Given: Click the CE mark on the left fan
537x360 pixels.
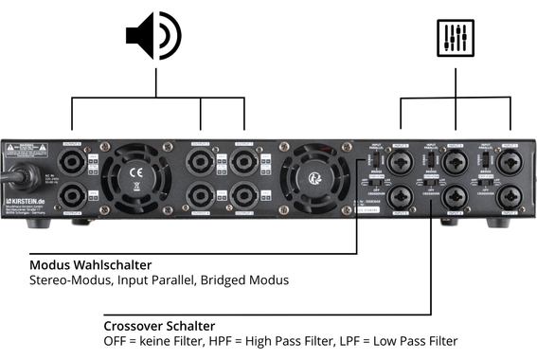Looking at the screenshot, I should coord(134,173).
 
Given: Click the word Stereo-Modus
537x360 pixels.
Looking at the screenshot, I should coord(67,280).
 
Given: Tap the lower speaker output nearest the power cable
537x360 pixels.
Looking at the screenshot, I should coord(74,196).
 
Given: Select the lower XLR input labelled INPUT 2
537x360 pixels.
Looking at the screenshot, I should coord(401,195).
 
